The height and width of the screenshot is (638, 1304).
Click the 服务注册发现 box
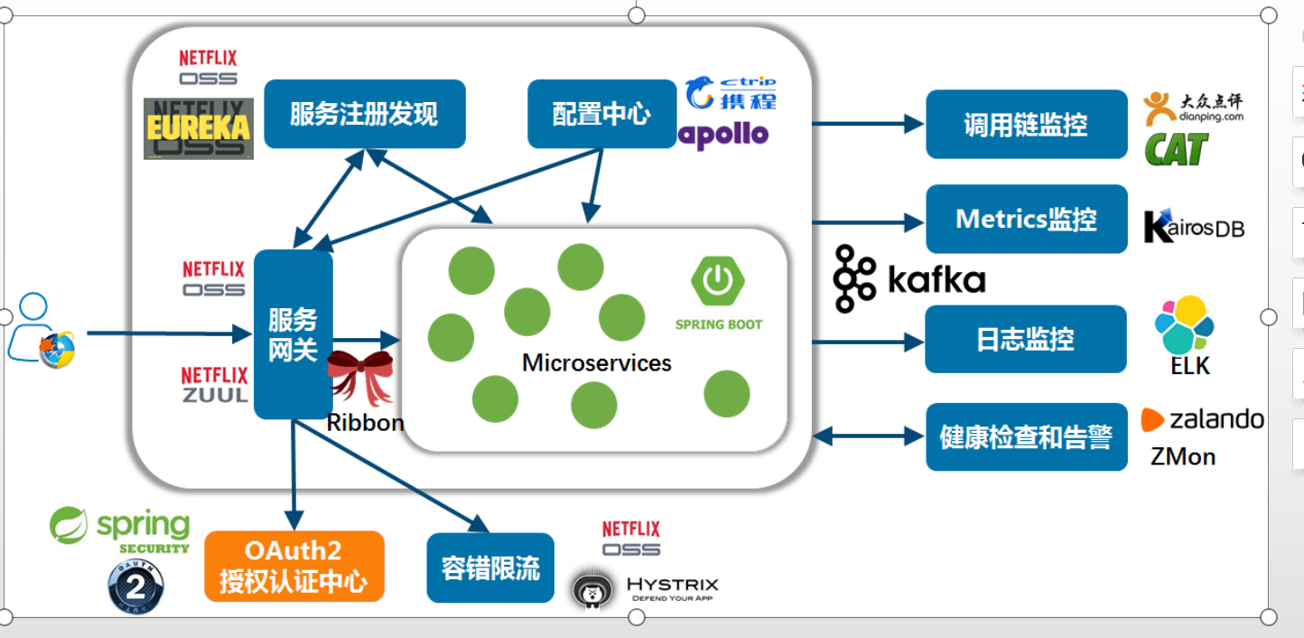364,114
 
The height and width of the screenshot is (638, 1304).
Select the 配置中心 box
601,114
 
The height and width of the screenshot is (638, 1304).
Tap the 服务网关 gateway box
293,334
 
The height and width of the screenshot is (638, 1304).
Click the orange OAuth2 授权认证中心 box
293,567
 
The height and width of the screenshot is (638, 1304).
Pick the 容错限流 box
490,568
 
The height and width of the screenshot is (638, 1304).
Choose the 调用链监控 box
1026,125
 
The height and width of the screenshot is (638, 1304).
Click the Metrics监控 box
1026,220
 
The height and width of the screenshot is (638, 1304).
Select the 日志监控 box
1026,340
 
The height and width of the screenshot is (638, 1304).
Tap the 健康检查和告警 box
1026,437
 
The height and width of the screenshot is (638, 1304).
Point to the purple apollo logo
723,136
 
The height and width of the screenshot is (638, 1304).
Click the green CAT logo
1176,150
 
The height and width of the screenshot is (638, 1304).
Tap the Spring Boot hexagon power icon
718,281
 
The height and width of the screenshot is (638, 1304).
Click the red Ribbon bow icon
360,377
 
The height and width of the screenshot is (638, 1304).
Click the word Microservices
597,363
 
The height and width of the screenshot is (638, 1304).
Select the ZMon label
1183,456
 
